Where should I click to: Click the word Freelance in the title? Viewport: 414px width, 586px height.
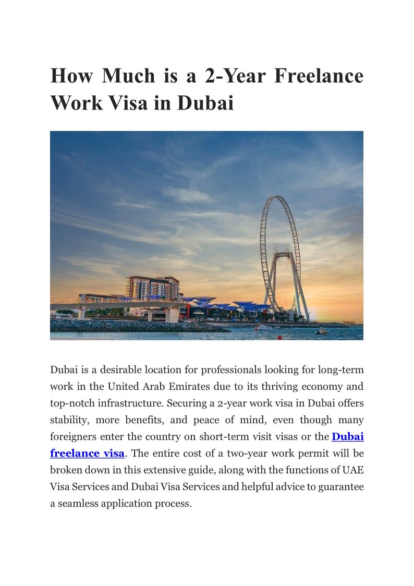[319, 76]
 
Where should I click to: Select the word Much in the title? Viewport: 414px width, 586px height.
[129, 76]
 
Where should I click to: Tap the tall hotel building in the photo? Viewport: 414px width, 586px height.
[153, 288]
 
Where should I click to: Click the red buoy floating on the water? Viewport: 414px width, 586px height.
[279, 337]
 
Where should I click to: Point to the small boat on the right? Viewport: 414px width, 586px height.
[321, 331]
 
